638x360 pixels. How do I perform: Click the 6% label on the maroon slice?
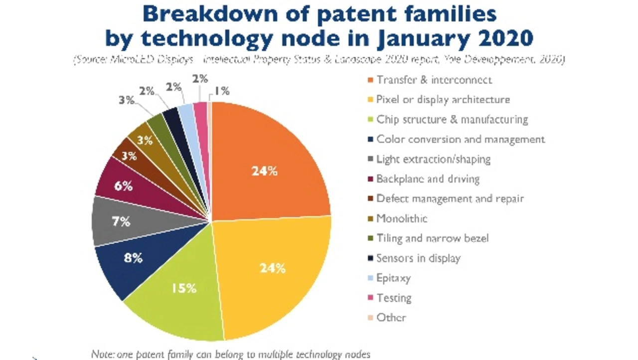(124, 186)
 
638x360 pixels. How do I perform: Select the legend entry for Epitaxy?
(393, 278)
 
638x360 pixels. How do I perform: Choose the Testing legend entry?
(394, 298)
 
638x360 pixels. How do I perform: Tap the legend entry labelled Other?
(391, 318)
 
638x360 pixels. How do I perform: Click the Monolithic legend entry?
(402, 218)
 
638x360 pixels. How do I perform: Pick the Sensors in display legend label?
(418, 258)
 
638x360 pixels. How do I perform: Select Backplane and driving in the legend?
(428, 179)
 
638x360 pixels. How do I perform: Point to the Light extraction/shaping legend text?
(433, 159)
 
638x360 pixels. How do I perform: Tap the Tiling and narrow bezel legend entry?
(432, 238)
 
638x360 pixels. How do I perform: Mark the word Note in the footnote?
(102, 354)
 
